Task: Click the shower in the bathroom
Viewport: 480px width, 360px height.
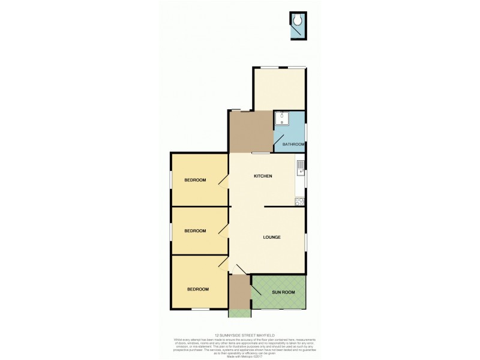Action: pos(282,118)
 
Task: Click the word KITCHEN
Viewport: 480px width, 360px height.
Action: pos(263,176)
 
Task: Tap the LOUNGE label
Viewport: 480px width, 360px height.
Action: pos(272,237)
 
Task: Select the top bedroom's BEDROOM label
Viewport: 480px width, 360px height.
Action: pos(195,180)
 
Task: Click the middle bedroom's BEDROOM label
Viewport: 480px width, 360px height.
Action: pos(195,231)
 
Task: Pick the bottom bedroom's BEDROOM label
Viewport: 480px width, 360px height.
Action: pos(197,289)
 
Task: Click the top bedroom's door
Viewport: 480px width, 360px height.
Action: pos(223,181)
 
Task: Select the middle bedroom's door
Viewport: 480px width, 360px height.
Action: pos(223,231)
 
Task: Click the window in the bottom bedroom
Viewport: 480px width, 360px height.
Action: pos(200,309)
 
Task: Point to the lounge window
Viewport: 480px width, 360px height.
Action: pos(305,242)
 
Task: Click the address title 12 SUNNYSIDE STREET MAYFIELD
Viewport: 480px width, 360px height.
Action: pos(240,335)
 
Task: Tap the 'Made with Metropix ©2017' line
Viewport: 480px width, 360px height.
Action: pos(240,355)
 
